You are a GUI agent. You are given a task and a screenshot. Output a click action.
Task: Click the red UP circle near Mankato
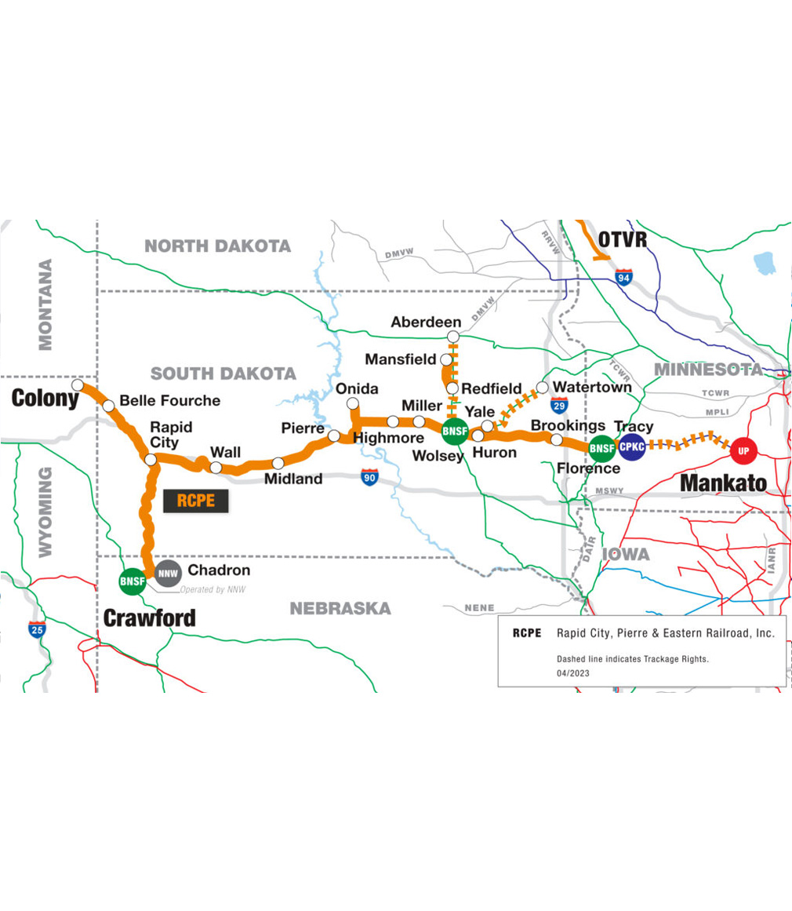(743, 451)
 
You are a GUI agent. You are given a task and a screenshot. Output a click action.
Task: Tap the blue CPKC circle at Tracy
(631, 447)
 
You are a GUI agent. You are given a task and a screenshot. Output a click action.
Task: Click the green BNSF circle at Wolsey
(455, 430)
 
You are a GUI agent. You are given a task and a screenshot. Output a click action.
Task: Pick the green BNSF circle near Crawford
(131, 581)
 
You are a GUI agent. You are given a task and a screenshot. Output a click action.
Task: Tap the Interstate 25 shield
(36, 629)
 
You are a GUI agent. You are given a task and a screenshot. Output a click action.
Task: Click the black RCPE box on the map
(195, 501)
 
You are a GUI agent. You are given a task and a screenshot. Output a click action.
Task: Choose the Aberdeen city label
(426, 322)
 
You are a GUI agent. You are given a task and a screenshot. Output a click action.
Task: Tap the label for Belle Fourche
(169, 401)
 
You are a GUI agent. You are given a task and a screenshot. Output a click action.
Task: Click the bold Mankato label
(723, 483)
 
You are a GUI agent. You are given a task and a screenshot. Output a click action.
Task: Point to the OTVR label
(623, 239)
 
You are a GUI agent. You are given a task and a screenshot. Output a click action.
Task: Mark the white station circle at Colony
(78, 385)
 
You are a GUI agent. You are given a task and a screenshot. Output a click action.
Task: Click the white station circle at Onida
(353, 403)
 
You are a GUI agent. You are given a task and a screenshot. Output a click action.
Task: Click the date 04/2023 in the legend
(572, 673)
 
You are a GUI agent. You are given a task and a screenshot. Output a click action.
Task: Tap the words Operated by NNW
(213, 589)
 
